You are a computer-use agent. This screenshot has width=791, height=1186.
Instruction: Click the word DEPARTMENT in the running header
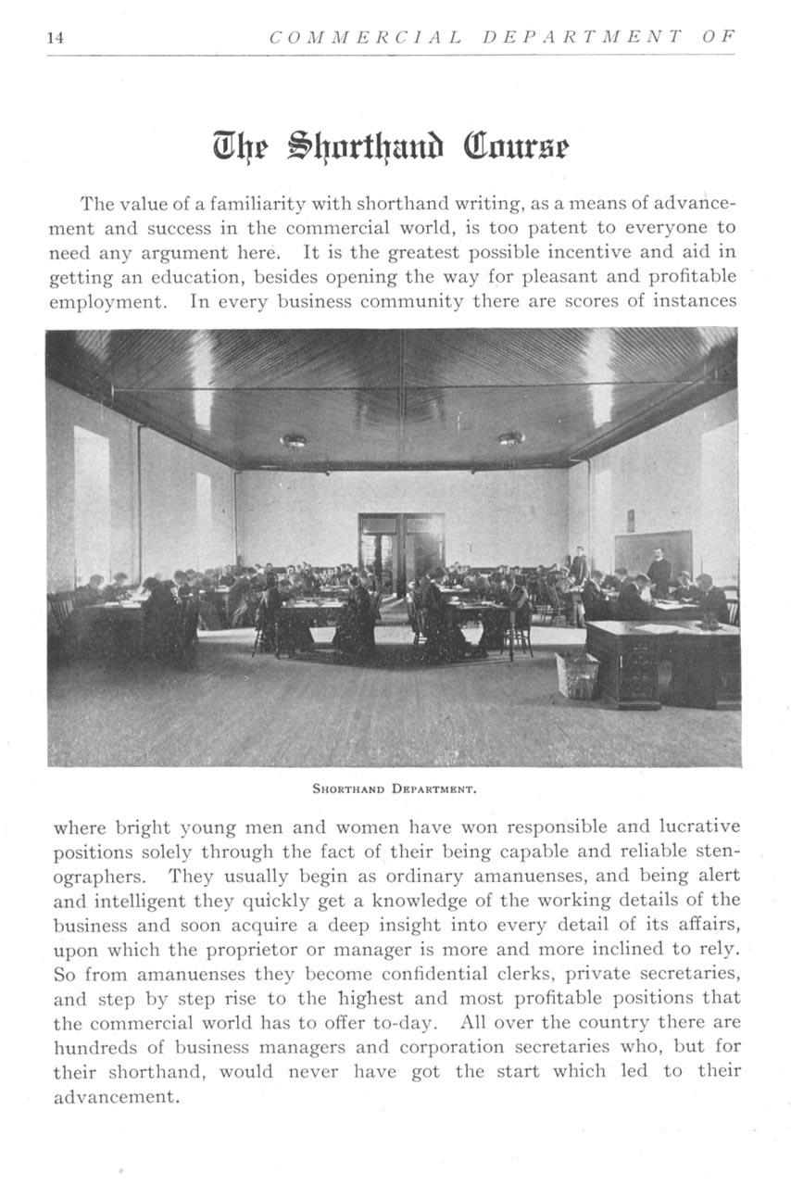[583, 37]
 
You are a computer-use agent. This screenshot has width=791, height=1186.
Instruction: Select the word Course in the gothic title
[521, 146]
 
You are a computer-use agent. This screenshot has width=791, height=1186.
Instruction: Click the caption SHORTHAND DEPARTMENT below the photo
[394, 790]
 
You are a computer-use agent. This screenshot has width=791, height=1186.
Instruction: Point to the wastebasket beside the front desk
[577, 675]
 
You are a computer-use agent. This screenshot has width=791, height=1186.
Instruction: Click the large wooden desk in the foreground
[663, 661]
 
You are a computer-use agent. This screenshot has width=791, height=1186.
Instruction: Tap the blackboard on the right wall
[652, 552]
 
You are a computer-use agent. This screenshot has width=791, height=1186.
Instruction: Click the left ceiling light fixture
[294, 440]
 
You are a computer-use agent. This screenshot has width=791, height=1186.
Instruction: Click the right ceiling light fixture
[511, 438]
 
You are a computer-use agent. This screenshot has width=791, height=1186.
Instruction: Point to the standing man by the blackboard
[659, 572]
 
